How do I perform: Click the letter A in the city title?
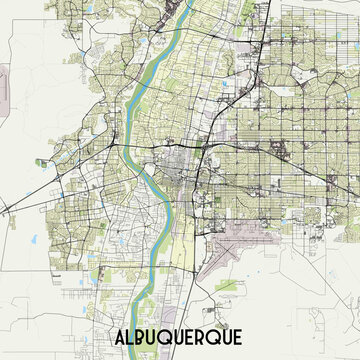coord(109,337)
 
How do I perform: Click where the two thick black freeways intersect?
coord(203,146)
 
